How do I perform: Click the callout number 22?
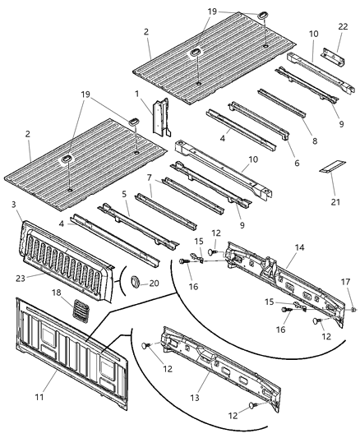coord(342,27)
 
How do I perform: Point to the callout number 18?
coord(56,292)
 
